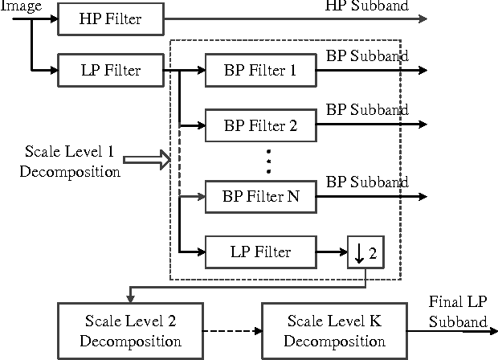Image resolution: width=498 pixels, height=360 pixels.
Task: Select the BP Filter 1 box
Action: coord(259,70)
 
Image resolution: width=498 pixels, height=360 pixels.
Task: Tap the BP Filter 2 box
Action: coord(259,125)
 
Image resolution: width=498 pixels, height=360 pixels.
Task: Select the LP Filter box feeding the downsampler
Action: coord(259,252)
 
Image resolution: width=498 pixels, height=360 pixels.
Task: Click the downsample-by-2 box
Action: coord(365,254)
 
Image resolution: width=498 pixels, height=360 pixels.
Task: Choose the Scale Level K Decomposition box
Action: coord(334,330)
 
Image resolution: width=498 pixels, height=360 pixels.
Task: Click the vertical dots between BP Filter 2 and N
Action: coord(269,161)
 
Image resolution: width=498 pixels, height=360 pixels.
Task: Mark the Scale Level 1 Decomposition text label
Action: coord(72,160)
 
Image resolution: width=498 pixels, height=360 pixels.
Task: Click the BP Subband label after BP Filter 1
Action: coord(367,56)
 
